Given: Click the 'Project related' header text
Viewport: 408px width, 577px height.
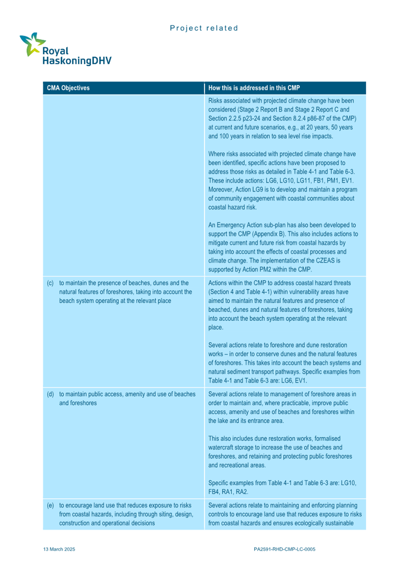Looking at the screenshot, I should [204, 28].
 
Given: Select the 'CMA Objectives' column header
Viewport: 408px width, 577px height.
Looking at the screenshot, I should [68, 88].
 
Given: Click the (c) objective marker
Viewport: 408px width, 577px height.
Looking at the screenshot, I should [50, 283].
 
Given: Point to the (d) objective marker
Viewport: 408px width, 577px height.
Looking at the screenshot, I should [50, 394].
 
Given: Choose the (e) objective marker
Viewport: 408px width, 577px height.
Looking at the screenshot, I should [50, 505].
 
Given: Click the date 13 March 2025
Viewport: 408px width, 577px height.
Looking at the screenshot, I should [59, 549].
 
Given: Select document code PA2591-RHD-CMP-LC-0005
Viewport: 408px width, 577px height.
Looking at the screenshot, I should [285, 549].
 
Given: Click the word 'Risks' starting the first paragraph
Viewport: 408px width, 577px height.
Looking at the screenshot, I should [216, 101].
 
